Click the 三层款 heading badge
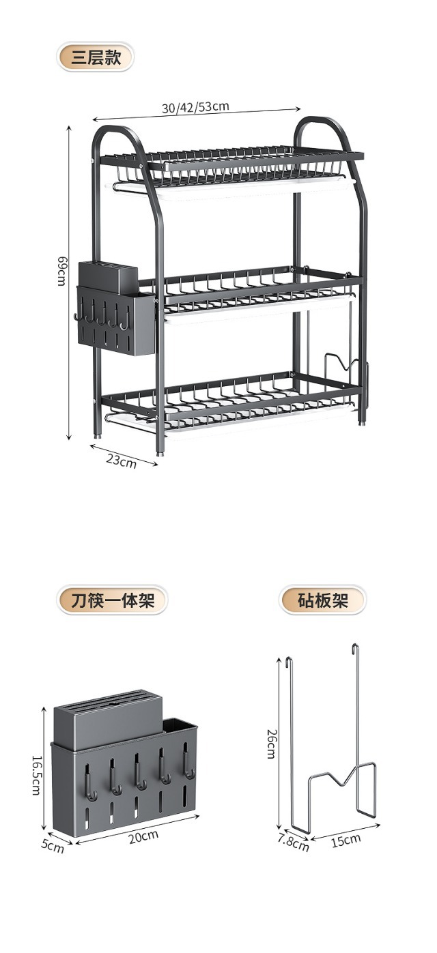pyautogui.click(x=95, y=57)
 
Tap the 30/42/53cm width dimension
pyautogui.click(x=195, y=107)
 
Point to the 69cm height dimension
pyautogui.click(x=61, y=271)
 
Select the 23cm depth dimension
pyautogui.click(x=121, y=460)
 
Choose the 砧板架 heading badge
pyautogui.click(x=323, y=601)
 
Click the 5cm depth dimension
pyautogui.click(x=53, y=847)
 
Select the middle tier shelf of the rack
pyautogui.click(x=259, y=287)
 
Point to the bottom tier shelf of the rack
pyautogui.click(x=232, y=399)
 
